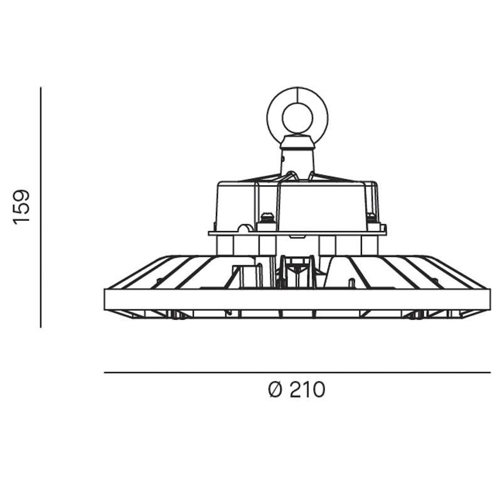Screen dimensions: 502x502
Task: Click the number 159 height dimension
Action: [x=22, y=206]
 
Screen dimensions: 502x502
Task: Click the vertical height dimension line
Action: [x=41, y=207]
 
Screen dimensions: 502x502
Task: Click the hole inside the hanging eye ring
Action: [x=297, y=117]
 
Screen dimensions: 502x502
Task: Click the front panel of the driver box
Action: [x=320, y=207]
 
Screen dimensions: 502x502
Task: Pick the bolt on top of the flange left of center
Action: [x=267, y=219]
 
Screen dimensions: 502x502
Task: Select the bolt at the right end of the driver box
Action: [x=373, y=220]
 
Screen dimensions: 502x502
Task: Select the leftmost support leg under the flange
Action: [x=225, y=245]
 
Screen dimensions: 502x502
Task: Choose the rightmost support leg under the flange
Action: [x=370, y=245]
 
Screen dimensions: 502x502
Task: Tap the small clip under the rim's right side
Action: [x=415, y=314]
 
